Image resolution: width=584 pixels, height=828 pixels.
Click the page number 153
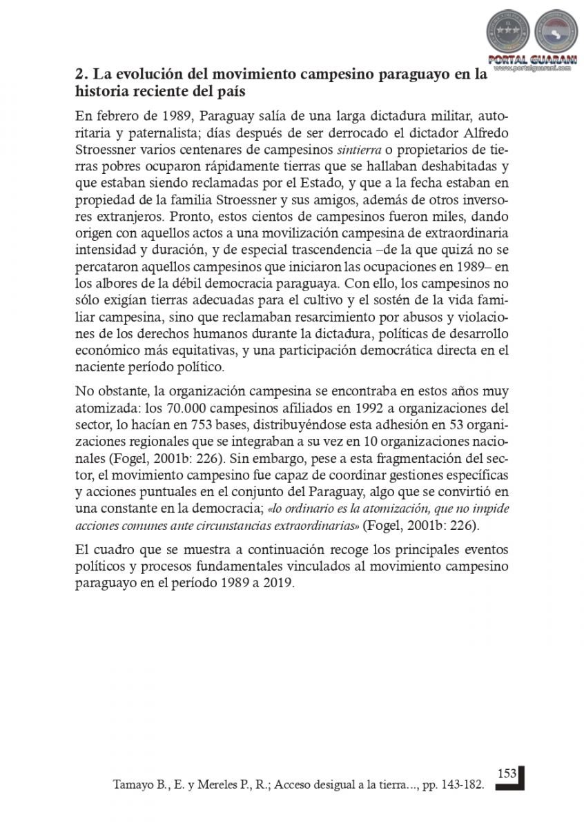coord(507,774)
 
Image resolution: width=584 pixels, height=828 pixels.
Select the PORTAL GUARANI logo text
coord(528,59)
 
